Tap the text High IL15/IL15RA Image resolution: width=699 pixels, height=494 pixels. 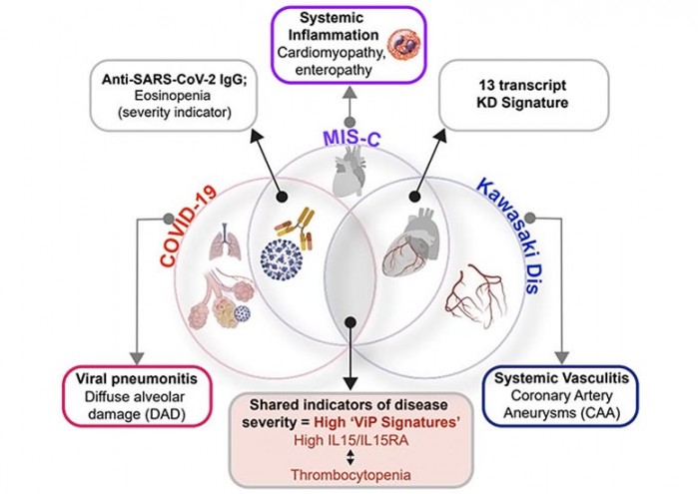349,440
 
